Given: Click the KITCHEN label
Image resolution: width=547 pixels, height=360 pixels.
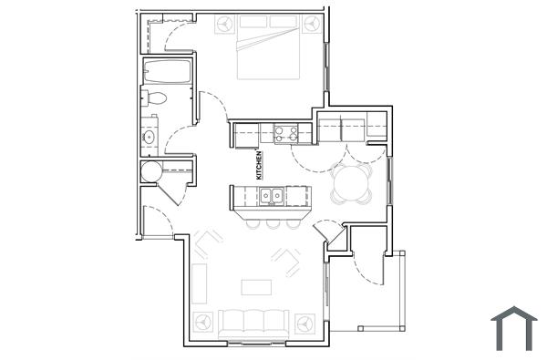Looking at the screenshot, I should point(259,164).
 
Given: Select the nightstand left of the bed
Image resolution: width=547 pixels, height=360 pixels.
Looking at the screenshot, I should point(224,25).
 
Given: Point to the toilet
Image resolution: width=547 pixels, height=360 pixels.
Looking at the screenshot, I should point(154,98).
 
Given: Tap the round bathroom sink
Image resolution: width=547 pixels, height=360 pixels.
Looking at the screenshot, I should point(150,139).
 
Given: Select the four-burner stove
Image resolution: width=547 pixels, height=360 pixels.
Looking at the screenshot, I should point(285,134).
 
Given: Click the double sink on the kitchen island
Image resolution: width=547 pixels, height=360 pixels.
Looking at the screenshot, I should point(270,195).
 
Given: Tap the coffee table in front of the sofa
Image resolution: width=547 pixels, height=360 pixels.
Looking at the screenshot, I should point(256,287).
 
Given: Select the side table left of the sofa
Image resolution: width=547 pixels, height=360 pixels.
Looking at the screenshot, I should point(202,321).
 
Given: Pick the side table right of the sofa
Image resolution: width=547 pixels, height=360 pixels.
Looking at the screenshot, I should point(304,321).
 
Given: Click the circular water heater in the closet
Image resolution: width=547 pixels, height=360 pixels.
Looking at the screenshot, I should point(151,170).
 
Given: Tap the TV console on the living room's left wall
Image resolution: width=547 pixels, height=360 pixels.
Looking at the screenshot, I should point(199,283).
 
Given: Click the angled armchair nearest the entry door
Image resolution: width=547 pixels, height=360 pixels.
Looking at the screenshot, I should point(287,261).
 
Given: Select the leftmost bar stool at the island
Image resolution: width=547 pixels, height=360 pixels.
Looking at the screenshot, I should point(251,222).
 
